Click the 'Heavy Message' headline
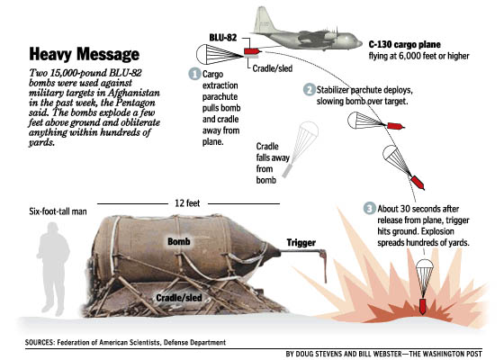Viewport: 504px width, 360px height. pos(85,54)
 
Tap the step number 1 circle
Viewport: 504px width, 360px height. pos(194,74)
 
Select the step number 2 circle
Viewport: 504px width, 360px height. pos(309,89)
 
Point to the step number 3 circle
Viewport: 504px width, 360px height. pos(370,208)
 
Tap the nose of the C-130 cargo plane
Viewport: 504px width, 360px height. pos(358,42)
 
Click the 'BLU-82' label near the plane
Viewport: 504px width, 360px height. pos(223,38)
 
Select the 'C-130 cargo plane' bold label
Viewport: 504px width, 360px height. pos(404,44)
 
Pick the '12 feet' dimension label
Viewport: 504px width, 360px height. pos(187,203)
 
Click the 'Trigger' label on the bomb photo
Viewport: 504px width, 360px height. pos(301,242)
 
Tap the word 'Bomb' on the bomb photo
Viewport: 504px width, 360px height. pos(179,241)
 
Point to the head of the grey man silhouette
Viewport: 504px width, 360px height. pos(52,229)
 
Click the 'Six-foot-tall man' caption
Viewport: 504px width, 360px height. pos(58,211)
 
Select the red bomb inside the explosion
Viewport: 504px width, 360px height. pos(423,306)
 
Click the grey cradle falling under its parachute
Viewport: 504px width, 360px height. pos(287,170)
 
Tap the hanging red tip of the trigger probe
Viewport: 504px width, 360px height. pos(324,266)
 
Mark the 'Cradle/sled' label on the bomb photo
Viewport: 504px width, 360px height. pos(179,298)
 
